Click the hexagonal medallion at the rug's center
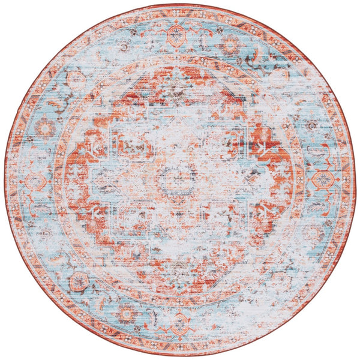[175, 179]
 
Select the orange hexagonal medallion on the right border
[323, 179]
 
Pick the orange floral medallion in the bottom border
[179, 323]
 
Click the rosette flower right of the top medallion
[229, 45]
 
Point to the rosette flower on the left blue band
[45, 128]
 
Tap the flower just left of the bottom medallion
[128, 312]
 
